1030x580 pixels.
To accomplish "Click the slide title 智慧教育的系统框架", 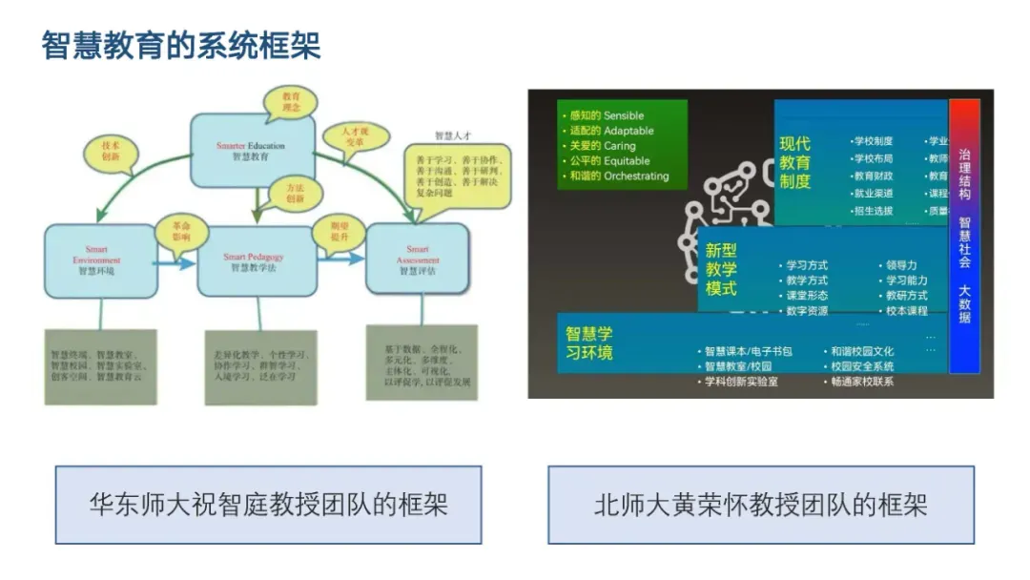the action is pyautogui.click(x=181, y=45).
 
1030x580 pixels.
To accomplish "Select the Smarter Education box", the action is pyautogui.click(x=252, y=150).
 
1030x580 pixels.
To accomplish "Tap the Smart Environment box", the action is pyautogui.click(x=99, y=259).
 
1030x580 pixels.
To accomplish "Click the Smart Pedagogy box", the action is pyautogui.click(x=254, y=262).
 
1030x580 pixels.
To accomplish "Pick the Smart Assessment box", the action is pyautogui.click(x=418, y=259).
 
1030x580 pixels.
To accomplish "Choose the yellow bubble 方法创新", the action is pyautogui.click(x=294, y=194).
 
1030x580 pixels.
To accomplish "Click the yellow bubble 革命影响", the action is pyautogui.click(x=179, y=230).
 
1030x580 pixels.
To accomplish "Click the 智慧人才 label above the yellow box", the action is pyautogui.click(x=453, y=135).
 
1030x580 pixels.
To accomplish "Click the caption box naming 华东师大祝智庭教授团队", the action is pyautogui.click(x=268, y=504).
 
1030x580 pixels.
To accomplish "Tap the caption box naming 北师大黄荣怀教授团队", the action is pyautogui.click(x=760, y=504).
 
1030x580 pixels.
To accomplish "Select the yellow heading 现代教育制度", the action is pyautogui.click(x=795, y=162).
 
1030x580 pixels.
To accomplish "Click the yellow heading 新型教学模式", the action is pyautogui.click(x=722, y=269).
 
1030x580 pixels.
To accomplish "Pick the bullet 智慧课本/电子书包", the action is pyautogui.click(x=748, y=351).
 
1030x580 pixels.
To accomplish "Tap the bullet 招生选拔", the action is pyautogui.click(x=874, y=211).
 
